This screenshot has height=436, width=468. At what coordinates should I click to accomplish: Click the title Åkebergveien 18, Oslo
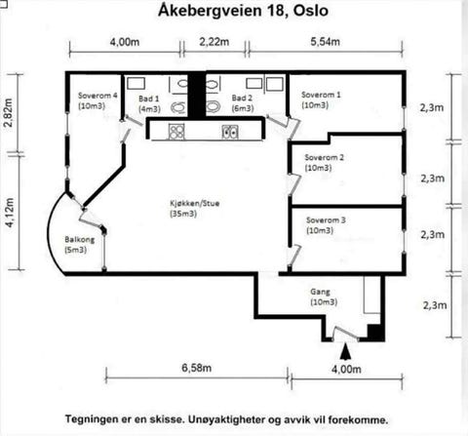pos(233,12)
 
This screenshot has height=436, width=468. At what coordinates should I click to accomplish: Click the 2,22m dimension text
pos(214,43)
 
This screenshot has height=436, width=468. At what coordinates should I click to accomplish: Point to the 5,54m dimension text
pos(326,43)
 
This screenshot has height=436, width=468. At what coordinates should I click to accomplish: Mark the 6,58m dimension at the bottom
pos(196,370)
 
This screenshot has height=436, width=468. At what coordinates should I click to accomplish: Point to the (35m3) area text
pos(182,214)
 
